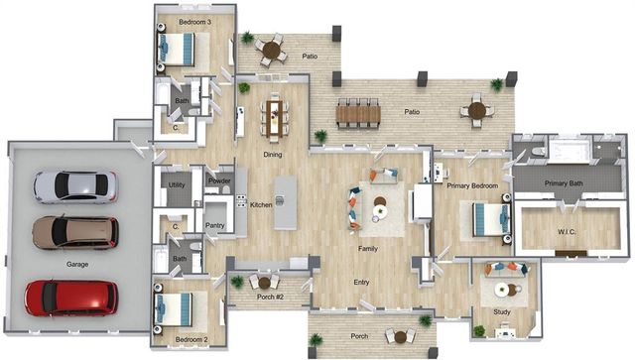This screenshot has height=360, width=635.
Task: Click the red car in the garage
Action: point(71,298)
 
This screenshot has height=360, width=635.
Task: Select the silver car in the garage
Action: point(75,186)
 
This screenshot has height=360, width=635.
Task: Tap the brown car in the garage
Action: point(75,232)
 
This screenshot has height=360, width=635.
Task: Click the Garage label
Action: point(77,265)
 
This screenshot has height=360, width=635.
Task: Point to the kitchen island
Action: point(285,203)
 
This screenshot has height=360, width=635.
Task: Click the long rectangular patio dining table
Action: point(358,114)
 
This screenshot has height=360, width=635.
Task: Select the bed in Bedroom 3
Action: point(177,49)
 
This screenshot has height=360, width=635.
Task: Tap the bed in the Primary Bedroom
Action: point(491,219)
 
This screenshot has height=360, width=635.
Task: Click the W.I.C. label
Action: point(567,232)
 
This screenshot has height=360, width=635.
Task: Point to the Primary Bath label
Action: point(564,183)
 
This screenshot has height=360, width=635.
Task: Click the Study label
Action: point(502,312)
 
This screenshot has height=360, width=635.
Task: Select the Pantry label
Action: point(214,225)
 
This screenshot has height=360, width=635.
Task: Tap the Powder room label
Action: point(219,180)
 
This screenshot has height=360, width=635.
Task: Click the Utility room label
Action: point(177,185)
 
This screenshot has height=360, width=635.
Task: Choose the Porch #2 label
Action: point(270,297)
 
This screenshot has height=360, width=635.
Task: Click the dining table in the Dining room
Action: point(275,118)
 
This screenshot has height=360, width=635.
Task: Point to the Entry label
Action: point(361,283)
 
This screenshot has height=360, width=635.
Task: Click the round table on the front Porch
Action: point(400,337)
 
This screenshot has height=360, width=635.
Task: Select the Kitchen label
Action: point(261,205)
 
